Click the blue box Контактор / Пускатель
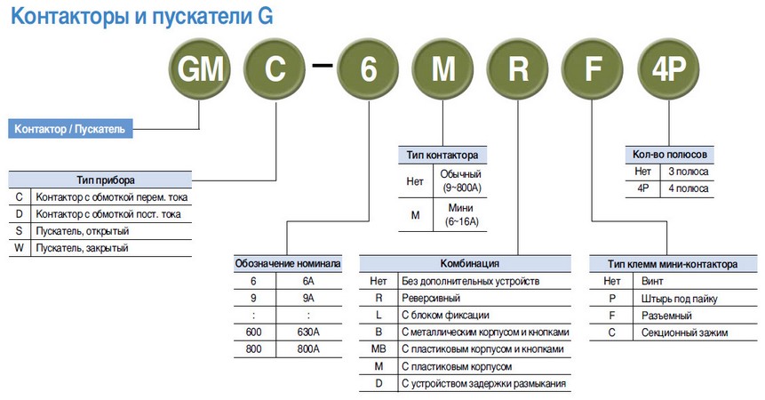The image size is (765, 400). point(70,129)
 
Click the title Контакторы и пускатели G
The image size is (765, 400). point(142,16)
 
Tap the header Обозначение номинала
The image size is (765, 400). point(287,264)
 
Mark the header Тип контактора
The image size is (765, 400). point(442,155)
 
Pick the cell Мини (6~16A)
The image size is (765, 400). point(462,214)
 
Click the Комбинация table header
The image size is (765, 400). point(465,264)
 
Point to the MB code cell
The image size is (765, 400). point(378,349)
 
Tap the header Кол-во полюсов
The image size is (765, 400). point(671,155)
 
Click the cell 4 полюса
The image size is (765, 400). point(689,188)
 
